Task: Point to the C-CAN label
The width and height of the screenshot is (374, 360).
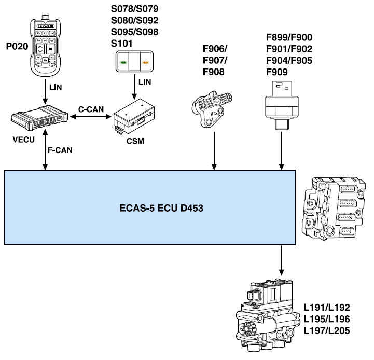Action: click(91, 110)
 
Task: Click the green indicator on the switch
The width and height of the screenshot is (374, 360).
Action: click(124, 63)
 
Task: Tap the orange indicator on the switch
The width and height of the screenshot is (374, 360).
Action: click(146, 63)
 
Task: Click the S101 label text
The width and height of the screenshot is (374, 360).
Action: click(122, 43)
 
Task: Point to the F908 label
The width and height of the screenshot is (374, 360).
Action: click(213, 72)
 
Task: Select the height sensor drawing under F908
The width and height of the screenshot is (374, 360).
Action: click(213, 106)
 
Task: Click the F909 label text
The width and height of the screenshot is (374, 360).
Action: click(277, 72)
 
